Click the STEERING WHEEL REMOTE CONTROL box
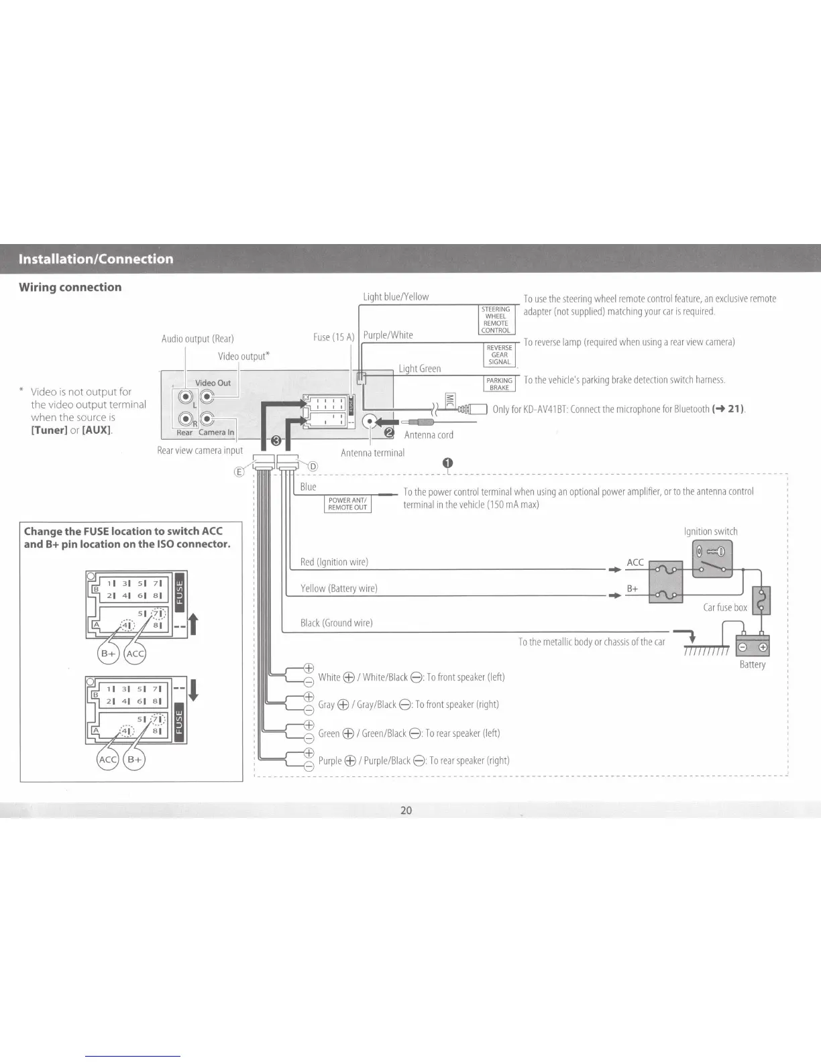point(496,320)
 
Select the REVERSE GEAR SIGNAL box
point(499,355)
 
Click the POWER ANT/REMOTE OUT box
point(347,504)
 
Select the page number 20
point(406,810)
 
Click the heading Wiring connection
point(70,287)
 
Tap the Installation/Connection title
point(96,259)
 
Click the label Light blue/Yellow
point(396,296)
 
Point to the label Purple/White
point(388,335)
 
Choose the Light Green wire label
point(420,368)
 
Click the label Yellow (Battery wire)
point(339,588)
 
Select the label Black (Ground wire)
point(336,623)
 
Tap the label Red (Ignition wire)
point(334,562)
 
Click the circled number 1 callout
point(447,463)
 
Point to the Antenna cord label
point(429,434)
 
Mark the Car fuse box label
point(724,607)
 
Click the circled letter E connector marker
point(238,471)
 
